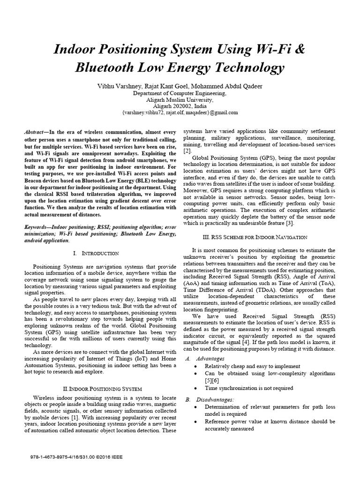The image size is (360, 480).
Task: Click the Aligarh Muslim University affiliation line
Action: coord(180,100)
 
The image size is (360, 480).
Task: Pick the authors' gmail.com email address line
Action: coord(180,113)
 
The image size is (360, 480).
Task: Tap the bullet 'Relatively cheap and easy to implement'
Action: coord(252,366)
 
